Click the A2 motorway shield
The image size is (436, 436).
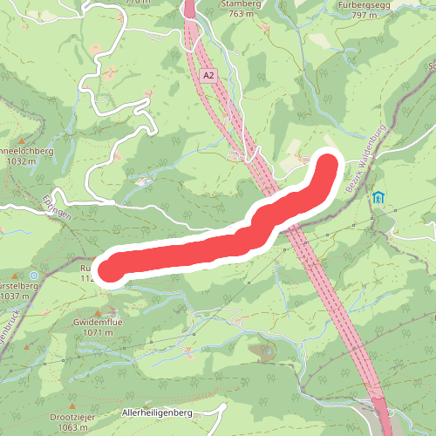coord(207,76)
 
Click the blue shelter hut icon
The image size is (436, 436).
coord(378,198)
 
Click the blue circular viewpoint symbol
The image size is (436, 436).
coord(34,276)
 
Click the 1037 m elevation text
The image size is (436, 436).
coord(15,296)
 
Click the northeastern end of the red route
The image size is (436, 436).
coord(326,165)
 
